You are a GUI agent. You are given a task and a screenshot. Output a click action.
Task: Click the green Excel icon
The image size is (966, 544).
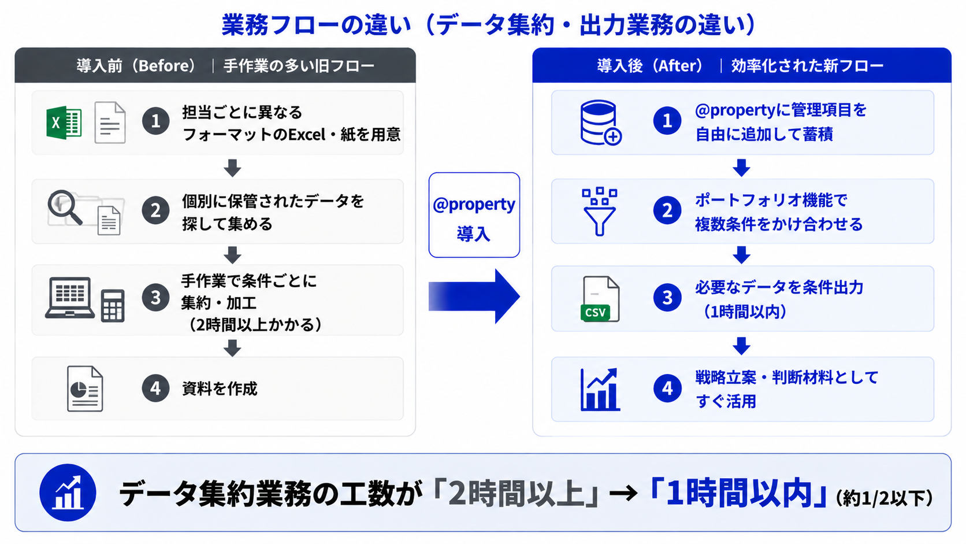[64, 123]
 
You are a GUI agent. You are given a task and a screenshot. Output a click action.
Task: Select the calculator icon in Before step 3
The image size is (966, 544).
[113, 306]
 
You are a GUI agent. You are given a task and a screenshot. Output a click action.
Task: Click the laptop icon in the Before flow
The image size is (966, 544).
[70, 298]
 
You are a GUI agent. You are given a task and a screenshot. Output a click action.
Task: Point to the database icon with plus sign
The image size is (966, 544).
[600, 123]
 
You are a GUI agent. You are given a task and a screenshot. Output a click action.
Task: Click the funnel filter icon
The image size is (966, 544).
[600, 212]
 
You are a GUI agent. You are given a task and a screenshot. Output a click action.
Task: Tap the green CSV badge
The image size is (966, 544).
[595, 312]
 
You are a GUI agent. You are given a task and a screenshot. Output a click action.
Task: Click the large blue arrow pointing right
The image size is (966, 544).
[474, 297]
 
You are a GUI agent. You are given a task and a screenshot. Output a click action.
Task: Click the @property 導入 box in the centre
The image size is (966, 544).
[474, 215]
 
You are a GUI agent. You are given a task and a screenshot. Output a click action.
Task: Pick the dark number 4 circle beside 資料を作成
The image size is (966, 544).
[155, 388]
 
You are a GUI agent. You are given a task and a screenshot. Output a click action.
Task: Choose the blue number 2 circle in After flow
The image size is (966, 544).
[667, 210]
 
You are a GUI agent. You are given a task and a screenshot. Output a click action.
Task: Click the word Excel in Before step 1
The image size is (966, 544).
[307, 135]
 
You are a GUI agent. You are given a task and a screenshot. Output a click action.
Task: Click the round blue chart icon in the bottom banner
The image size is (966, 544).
[68, 493]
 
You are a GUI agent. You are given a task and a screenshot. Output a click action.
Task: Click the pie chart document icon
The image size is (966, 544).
[85, 388]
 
